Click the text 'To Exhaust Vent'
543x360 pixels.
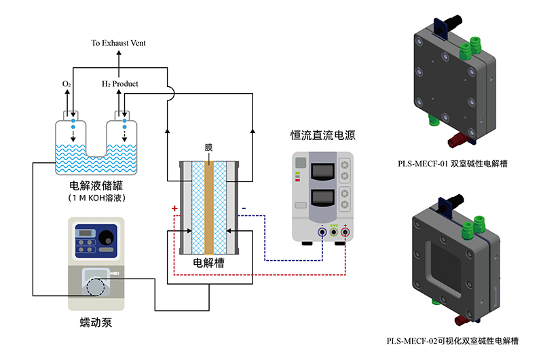tap(119, 43)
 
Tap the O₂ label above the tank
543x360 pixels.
tap(67, 84)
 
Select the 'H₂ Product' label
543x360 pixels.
tap(120, 84)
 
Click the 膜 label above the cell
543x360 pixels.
tap(209, 147)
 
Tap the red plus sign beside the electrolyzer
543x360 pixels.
tap(174, 208)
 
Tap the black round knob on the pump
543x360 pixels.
tap(107, 238)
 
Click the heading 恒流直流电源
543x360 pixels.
tap(323, 136)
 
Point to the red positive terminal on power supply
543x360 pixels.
tap(345, 233)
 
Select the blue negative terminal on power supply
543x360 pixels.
tap(322, 233)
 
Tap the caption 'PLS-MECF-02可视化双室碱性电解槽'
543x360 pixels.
tap(453, 340)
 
